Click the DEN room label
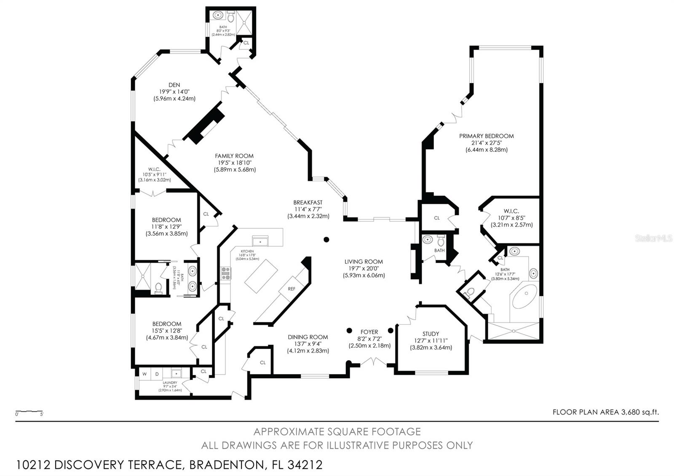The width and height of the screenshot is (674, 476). [x=174, y=85]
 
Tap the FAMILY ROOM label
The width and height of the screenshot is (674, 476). [x=234, y=156]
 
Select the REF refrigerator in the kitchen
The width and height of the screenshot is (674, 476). [x=292, y=289]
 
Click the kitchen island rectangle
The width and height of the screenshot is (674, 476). [x=261, y=276]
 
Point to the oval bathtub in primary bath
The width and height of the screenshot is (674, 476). [x=525, y=297]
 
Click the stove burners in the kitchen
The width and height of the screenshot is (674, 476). [x=226, y=274]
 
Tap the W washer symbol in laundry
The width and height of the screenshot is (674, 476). [x=144, y=374]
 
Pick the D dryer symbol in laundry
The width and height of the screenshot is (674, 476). [x=157, y=374]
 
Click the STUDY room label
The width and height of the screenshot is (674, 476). [x=431, y=334]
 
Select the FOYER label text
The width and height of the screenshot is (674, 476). [x=369, y=332]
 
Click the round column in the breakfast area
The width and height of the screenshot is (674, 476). [x=326, y=240]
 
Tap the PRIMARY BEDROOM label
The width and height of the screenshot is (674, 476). [x=486, y=136]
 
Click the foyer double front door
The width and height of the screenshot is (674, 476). [x=373, y=361]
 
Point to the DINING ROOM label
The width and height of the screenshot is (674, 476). [x=308, y=337]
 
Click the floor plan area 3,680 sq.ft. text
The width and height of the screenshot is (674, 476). [x=605, y=412]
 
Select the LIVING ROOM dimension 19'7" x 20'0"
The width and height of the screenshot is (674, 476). [x=364, y=268]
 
